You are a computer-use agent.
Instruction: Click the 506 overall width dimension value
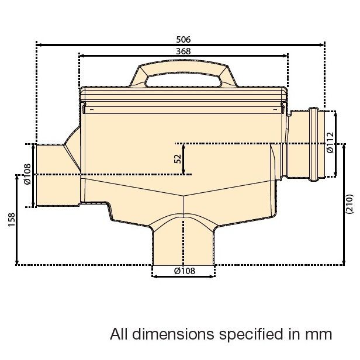(183, 39)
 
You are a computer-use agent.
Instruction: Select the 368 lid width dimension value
(183, 51)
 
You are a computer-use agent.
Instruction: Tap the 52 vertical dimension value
(177, 159)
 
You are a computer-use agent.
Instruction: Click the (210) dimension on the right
(349, 204)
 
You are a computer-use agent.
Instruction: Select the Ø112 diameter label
(330, 143)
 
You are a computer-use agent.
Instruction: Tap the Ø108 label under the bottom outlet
(184, 271)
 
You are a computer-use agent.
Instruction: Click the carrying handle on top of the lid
(183, 74)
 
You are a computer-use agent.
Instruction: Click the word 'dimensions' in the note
(172, 334)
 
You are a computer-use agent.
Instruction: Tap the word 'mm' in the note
(319, 334)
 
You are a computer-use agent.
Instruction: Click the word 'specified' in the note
(252, 334)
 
